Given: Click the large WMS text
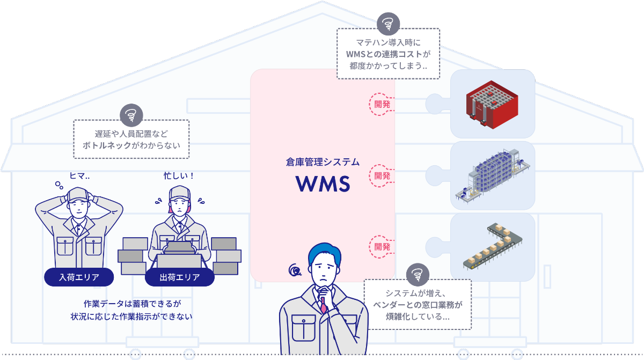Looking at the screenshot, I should [x=323, y=184].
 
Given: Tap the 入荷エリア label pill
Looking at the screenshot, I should [x=79, y=277].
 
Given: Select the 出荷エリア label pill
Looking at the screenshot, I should [x=180, y=277].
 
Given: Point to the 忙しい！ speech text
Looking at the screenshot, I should [x=179, y=175].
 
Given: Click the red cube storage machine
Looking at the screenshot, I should [x=492, y=104].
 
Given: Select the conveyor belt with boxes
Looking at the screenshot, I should [x=492, y=247].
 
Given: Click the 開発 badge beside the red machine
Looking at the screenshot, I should [x=382, y=104].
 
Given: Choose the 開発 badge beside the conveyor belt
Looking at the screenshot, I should [x=382, y=247].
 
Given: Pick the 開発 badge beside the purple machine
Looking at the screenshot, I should [x=382, y=175].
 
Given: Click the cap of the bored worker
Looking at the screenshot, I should [x=78, y=194].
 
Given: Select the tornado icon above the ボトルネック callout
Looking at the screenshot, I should [x=131, y=114].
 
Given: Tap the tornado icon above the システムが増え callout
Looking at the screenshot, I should [x=417, y=274].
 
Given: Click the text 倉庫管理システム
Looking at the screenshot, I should [x=323, y=161].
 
